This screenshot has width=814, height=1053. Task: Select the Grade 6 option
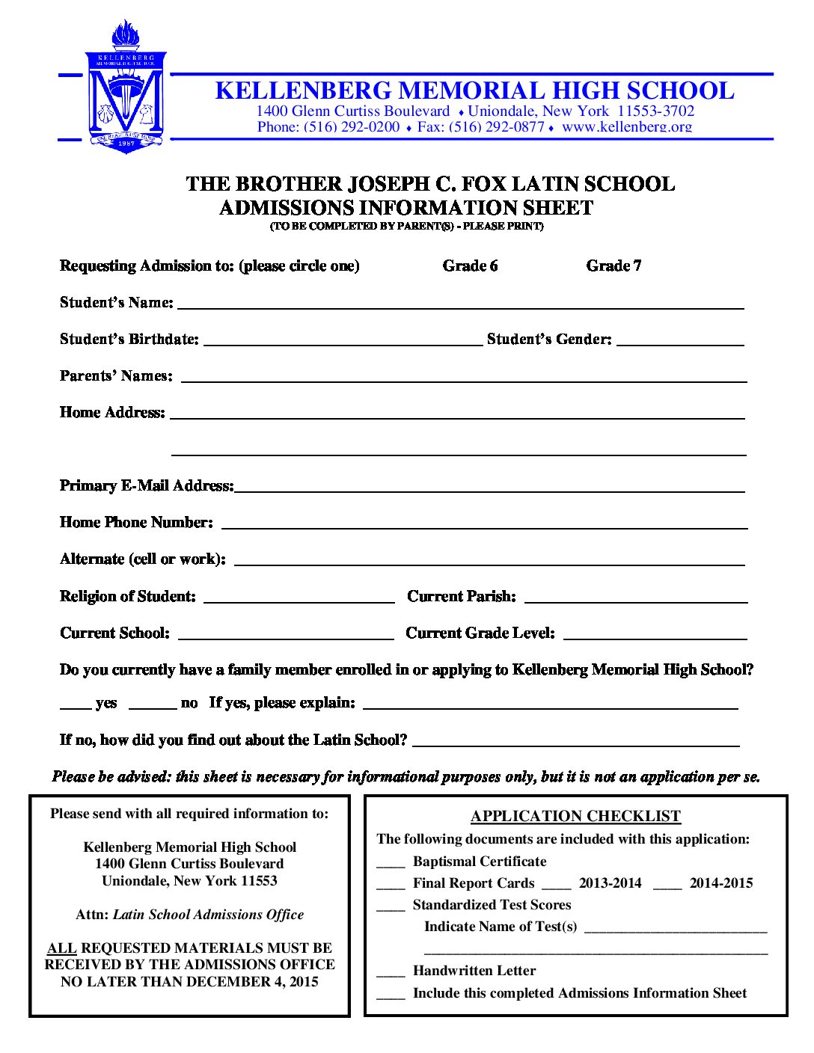pyautogui.click(x=470, y=266)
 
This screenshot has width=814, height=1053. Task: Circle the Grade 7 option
pyautogui.click(x=613, y=266)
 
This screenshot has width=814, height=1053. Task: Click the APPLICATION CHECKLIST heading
pyautogui.click(x=575, y=816)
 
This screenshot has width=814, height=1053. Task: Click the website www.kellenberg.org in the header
pyautogui.click(x=627, y=127)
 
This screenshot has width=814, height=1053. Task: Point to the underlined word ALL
pyautogui.click(x=62, y=948)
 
